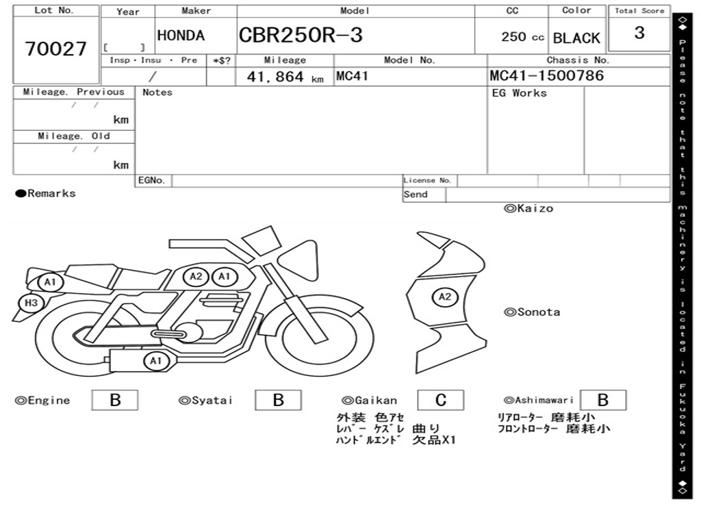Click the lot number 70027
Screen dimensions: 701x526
pos(56,49)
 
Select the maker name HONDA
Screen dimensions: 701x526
pos(181,36)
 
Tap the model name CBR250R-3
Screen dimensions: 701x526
pos(301,35)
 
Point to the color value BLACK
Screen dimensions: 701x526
pos(576,38)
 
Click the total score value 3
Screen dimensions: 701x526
pos(639,33)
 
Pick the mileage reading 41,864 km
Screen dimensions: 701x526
pos(285,77)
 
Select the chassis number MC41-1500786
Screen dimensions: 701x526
pos(547,75)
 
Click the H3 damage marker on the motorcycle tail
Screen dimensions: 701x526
pos(31,303)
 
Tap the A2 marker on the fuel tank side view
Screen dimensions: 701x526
pos(196,277)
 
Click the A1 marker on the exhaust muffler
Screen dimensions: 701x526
pos(155,360)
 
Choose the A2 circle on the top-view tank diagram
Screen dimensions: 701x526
pos(445,297)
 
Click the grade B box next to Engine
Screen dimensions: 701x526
pos(115,400)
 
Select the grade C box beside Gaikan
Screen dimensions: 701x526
pos(441,400)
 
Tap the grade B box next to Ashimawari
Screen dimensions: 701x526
pos(603,400)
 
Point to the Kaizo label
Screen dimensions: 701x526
pos(529,208)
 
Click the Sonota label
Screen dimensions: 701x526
pos(532,312)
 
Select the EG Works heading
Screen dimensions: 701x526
pos(520,93)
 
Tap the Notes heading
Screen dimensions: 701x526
pos(157,92)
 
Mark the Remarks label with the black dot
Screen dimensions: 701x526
pos(46,194)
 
